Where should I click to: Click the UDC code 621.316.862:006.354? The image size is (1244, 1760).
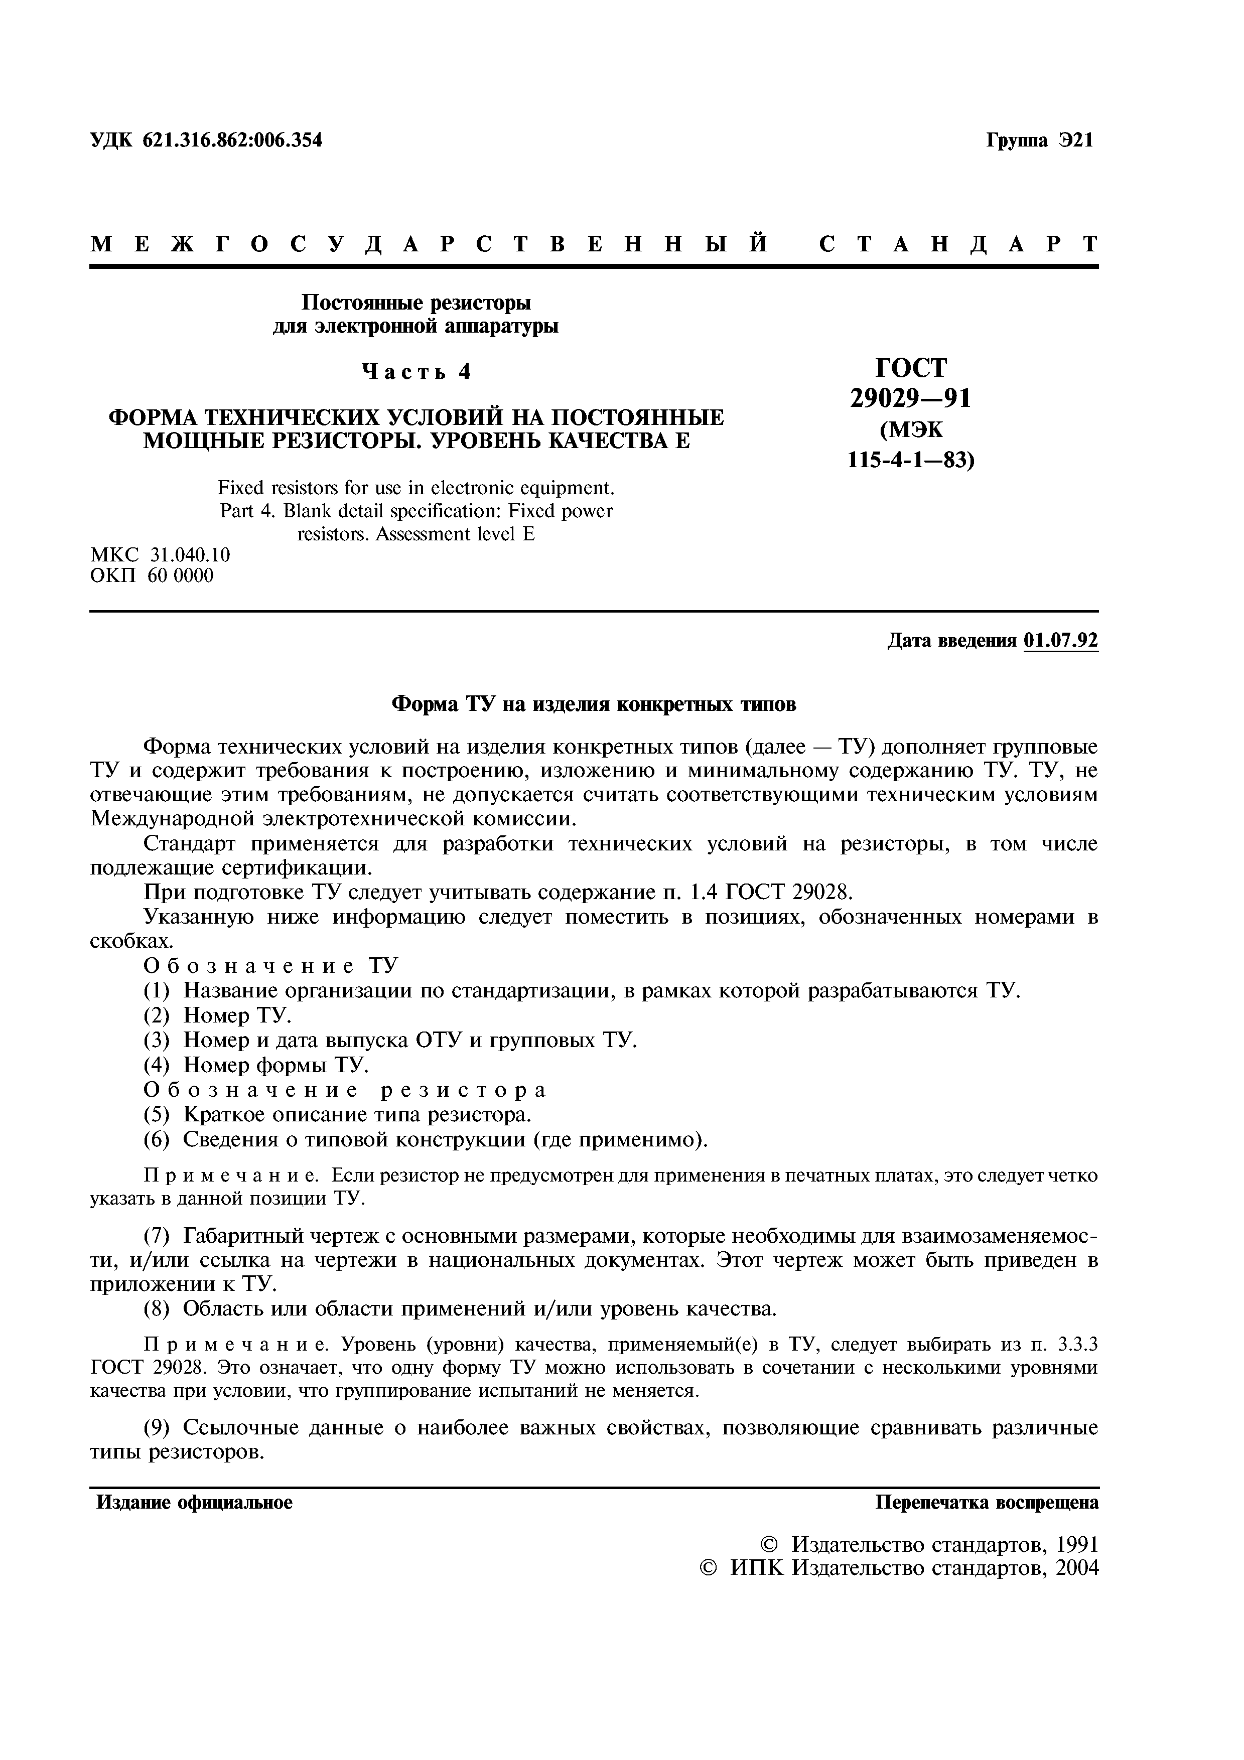232,140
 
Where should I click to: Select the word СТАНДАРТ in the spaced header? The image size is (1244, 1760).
958,244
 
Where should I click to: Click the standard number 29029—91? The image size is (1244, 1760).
911,398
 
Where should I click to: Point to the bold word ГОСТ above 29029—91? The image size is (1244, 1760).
911,368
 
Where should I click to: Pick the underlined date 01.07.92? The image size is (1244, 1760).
1060,640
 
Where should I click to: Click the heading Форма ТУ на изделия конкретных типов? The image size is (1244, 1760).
594,704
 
